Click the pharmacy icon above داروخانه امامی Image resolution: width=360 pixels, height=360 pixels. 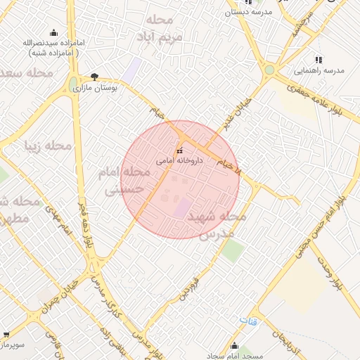click(179, 150)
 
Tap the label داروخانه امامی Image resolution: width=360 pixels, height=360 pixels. click(179, 160)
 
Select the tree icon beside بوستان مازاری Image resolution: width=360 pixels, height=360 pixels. click(94, 77)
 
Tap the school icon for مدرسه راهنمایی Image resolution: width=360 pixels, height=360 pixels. click(319, 60)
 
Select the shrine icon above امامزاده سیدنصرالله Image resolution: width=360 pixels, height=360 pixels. click(53, 32)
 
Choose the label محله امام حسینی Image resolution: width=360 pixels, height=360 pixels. click(115, 180)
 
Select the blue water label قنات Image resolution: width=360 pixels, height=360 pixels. click(249, 321)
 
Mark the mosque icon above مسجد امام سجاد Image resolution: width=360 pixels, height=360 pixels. click(234, 345)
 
